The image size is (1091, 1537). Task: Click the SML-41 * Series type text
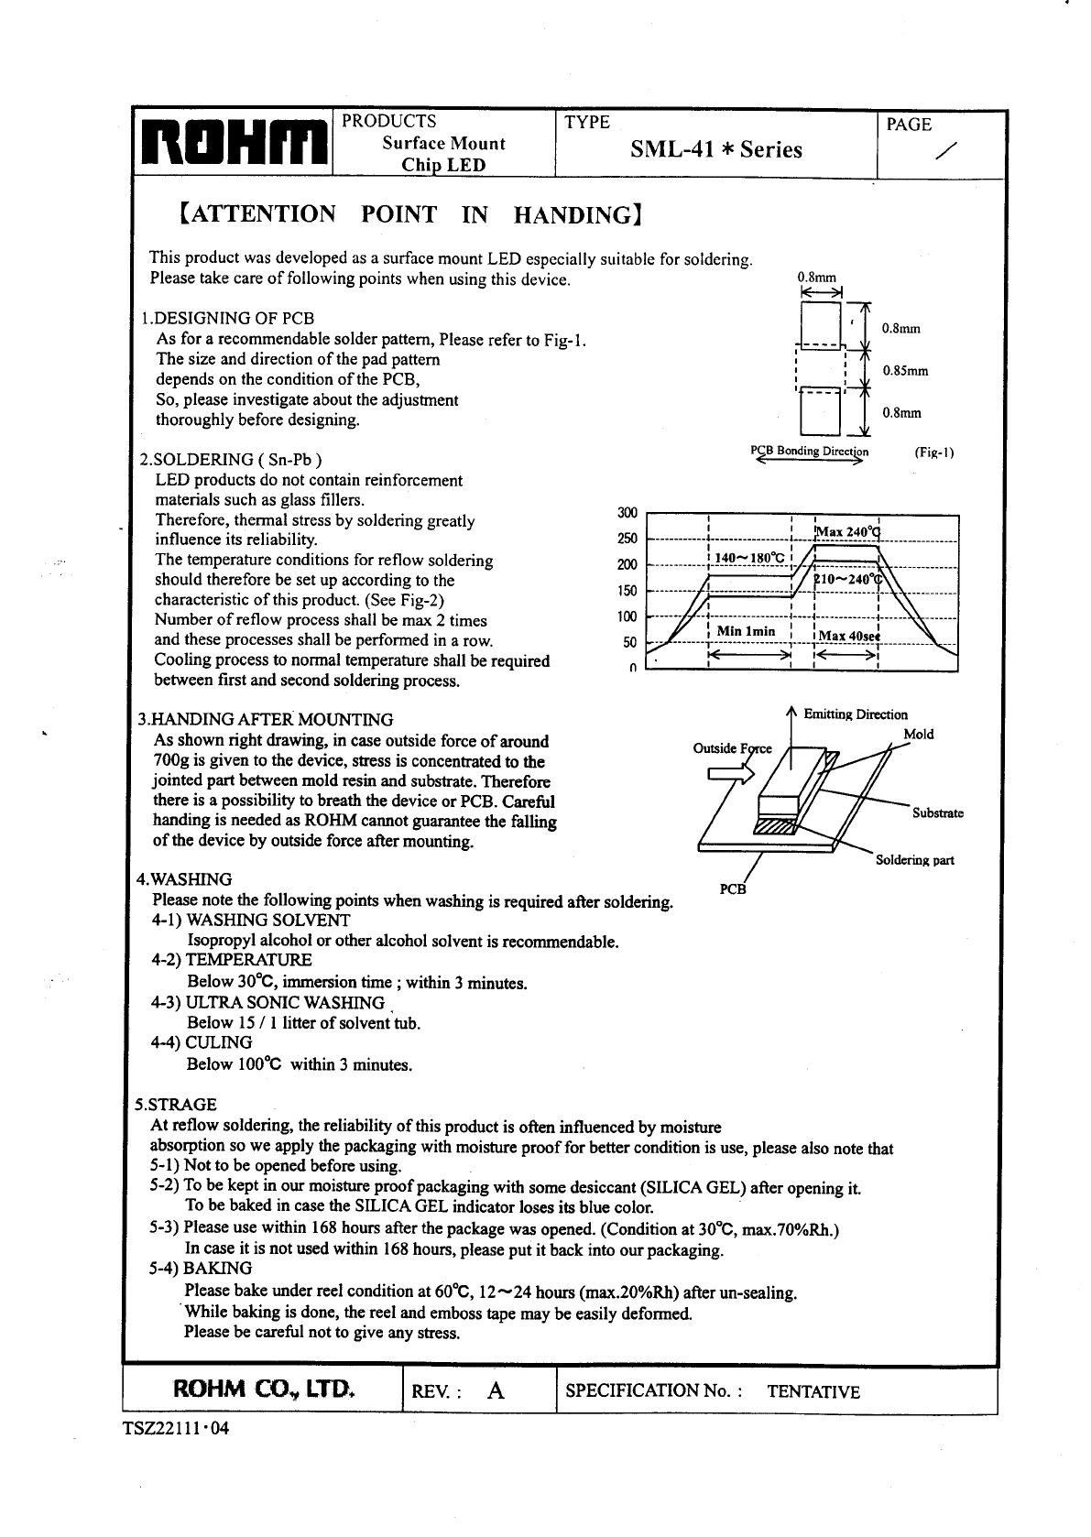point(715,149)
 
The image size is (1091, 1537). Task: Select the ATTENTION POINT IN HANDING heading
point(407,215)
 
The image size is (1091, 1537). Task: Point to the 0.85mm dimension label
point(905,371)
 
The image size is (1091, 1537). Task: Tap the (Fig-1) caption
point(933,452)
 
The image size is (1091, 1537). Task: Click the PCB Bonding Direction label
point(809,451)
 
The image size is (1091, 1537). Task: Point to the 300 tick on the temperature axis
point(627,513)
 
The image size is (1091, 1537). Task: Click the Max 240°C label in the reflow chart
point(846,532)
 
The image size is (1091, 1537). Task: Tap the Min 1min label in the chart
point(745,631)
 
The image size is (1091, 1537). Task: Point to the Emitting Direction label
point(855,714)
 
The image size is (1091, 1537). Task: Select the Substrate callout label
point(937,813)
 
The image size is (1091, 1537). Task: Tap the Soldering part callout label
point(914,860)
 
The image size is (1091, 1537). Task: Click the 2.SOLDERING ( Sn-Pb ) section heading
point(229,460)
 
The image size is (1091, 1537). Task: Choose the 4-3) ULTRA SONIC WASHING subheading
point(267,1002)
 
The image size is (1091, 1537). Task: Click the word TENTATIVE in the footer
point(813,1392)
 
